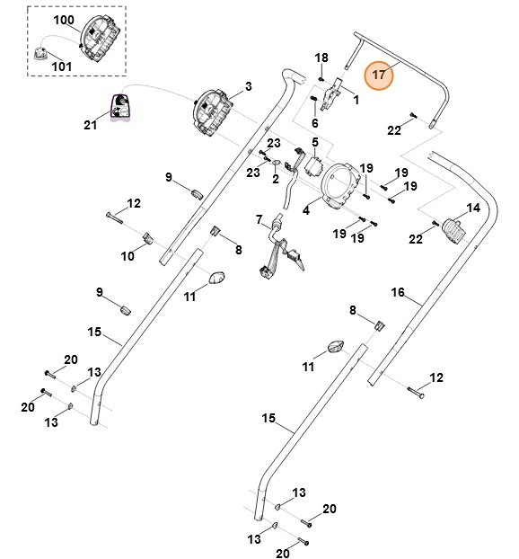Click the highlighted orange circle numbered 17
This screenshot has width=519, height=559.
[378, 75]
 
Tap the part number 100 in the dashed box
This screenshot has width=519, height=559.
[64, 20]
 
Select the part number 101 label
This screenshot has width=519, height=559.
[62, 67]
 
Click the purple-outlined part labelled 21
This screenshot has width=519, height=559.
[121, 106]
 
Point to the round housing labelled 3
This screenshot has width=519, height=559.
[212, 113]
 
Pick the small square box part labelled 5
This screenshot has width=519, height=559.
[313, 165]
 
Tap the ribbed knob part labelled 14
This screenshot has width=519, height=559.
[453, 231]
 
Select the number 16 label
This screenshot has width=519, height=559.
[398, 292]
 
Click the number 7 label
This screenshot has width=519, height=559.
[259, 219]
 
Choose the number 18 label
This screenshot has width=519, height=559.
[321, 58]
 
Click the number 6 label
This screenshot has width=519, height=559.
[315, 123]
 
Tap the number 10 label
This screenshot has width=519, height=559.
[128, 256]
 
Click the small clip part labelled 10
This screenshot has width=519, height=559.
[148, 238]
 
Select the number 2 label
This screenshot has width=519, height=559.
[276, 179]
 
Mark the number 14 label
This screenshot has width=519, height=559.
[473, 208]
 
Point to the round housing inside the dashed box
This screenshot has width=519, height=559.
[99, 40]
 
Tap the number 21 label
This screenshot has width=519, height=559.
[90, 125]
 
